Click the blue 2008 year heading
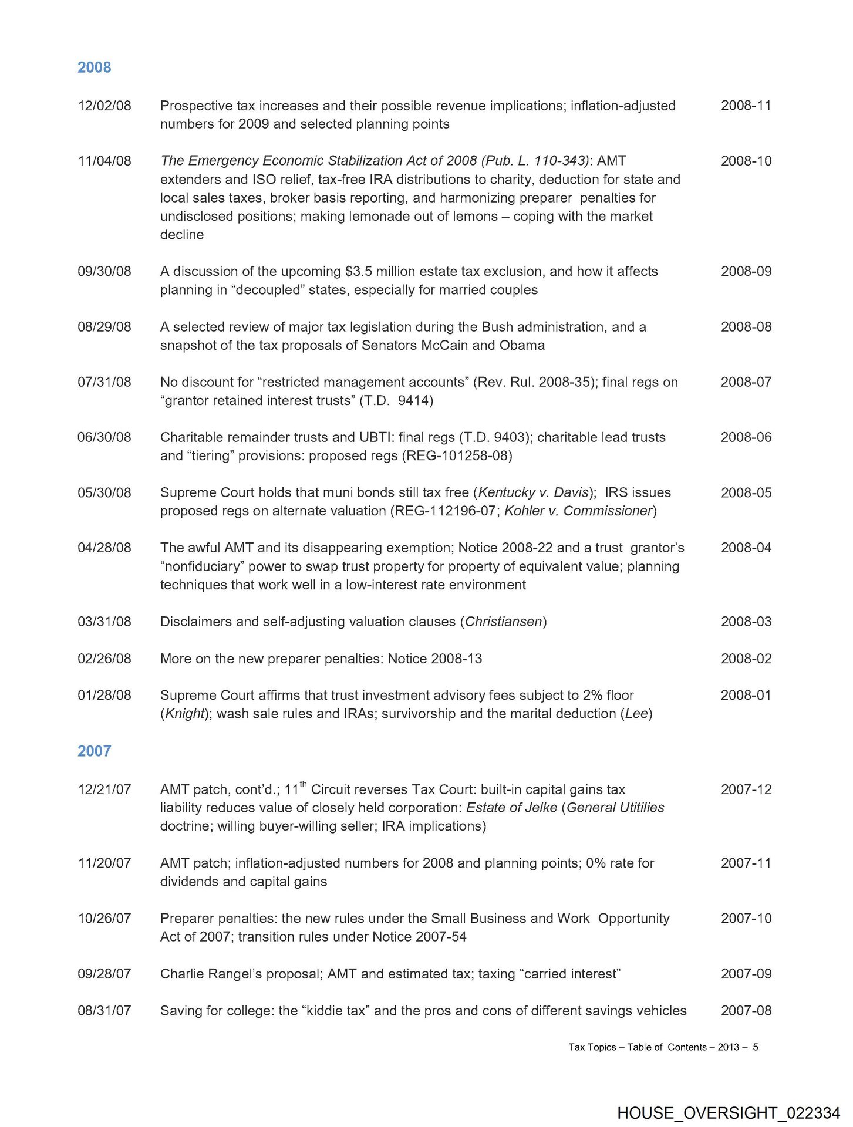pyautogui.click(x=94, y=68)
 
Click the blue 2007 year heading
pyautogui.click(x=94, y=751)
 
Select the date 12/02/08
pyautogui.click(x=104, y=106)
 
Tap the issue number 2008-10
pyautogui.click(x=746, y=161)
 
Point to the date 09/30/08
pyautogui.click(x=104, y=271)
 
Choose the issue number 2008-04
pyautogui.click(x=746, y=548)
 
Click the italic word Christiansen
pyautogui.click(x=503, y=622)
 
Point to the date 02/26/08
pyautogui.click(x=104, y=659)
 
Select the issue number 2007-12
pyautogui.click(x=746, y=789)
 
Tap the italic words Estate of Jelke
pyautogui.click(x=511, y=808)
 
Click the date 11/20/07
pyautogui.click(x=104, y=863)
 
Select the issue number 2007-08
pyautogui.click(x=746, y=1011)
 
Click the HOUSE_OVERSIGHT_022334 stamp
pyautogui.click(x=728, y=1113)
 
